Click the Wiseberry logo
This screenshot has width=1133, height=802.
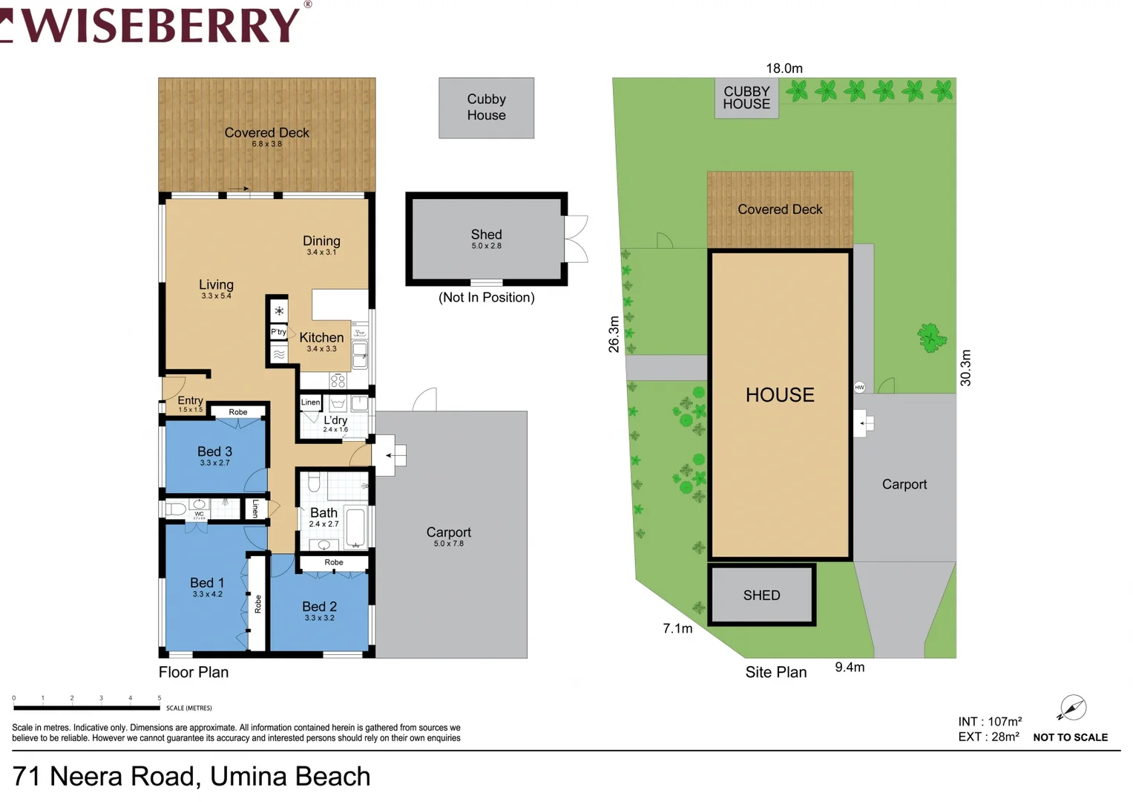156,24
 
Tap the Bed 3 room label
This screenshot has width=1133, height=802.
214,451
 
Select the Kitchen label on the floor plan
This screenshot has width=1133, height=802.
321,338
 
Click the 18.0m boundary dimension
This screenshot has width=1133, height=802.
784,68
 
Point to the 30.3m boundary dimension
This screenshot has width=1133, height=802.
965,368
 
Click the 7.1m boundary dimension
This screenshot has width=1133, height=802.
677,629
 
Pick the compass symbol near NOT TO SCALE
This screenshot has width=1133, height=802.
1072,708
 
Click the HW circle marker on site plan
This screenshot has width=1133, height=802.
859,387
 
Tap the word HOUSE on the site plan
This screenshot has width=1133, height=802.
780,395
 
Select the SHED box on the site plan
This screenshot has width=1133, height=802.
762,595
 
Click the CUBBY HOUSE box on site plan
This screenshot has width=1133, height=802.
746,98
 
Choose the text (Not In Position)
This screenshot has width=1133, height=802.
486,298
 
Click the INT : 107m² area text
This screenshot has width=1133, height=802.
990,722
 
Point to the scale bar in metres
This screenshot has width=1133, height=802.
86,707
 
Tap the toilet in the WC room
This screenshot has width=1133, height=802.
176,509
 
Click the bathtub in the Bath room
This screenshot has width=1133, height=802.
355,526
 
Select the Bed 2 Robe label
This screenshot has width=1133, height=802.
334,563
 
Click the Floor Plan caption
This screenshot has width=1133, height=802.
194,672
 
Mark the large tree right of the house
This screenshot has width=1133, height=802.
930,338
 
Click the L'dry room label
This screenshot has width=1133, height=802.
335,420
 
